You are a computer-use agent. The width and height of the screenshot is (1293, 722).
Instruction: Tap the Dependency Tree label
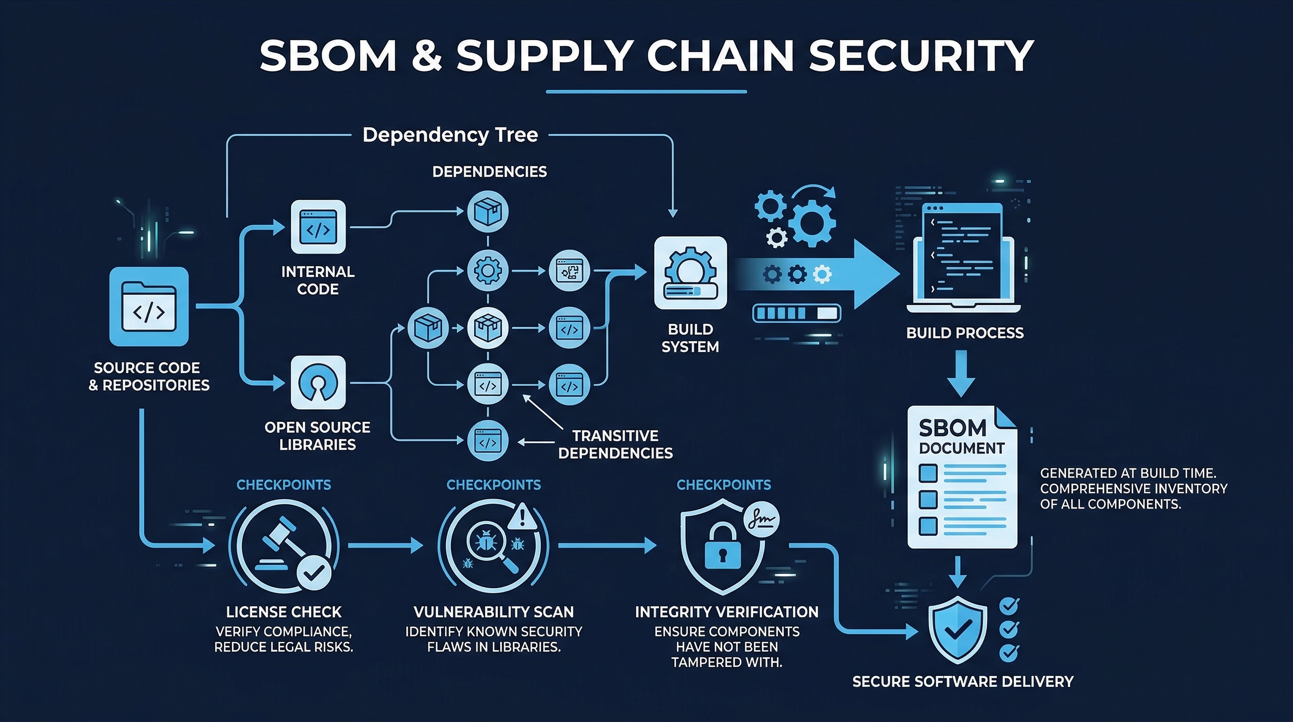pyautogui.click(x=450, y=134)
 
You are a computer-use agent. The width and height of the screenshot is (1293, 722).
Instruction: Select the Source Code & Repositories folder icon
pyautogui.click(x=148, y=306)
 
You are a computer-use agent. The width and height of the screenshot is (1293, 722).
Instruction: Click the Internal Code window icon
pyautogui.click(x=318, y=227)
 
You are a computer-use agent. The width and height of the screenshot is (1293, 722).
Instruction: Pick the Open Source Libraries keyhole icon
pyautogui.click(x=318, y=383)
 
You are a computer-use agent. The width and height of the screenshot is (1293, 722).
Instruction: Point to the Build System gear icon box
pyautogui.click(x=690, y=273)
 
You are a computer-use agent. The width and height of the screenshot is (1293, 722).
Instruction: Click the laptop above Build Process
pyautogui.click(x=963, y=259)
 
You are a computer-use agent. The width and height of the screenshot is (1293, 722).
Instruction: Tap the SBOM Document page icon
pyautogui.click(x=962, y=477)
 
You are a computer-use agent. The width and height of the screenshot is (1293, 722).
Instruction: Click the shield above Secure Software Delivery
pyautogui.click(x=957, y=629)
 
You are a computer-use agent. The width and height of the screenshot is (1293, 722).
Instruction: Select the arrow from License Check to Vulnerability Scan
pyautogui.click(x=385, y=545)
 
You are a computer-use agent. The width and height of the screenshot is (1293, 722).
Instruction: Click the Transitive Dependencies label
pyautogui.click(x=615, y=444)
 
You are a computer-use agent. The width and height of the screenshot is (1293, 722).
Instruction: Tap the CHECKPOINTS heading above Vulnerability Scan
pyautogui.click(x=493, y=485)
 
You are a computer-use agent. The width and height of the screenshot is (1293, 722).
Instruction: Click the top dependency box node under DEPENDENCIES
pyautogui.click(x=487, y=212)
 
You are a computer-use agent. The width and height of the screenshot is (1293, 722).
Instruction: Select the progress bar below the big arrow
pyautogui.click(x=796, y=314)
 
